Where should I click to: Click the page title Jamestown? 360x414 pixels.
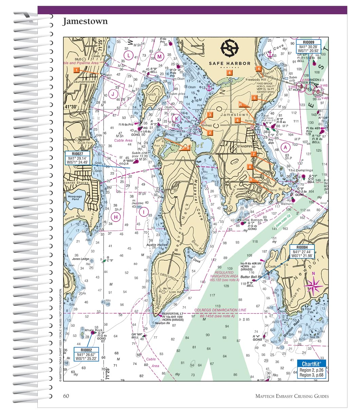tap(85, 21)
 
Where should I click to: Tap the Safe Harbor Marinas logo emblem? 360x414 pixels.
tap(230, 49)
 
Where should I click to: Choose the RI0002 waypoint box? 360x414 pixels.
tap(87, 354)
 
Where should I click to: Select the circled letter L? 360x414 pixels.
tap(128, 55)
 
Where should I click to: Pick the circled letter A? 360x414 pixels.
tap(286, 147)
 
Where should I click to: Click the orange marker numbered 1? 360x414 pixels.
tap(77, 70)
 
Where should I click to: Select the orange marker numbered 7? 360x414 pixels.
tap(253, 154)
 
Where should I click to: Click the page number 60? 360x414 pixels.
tap(66, 396)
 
